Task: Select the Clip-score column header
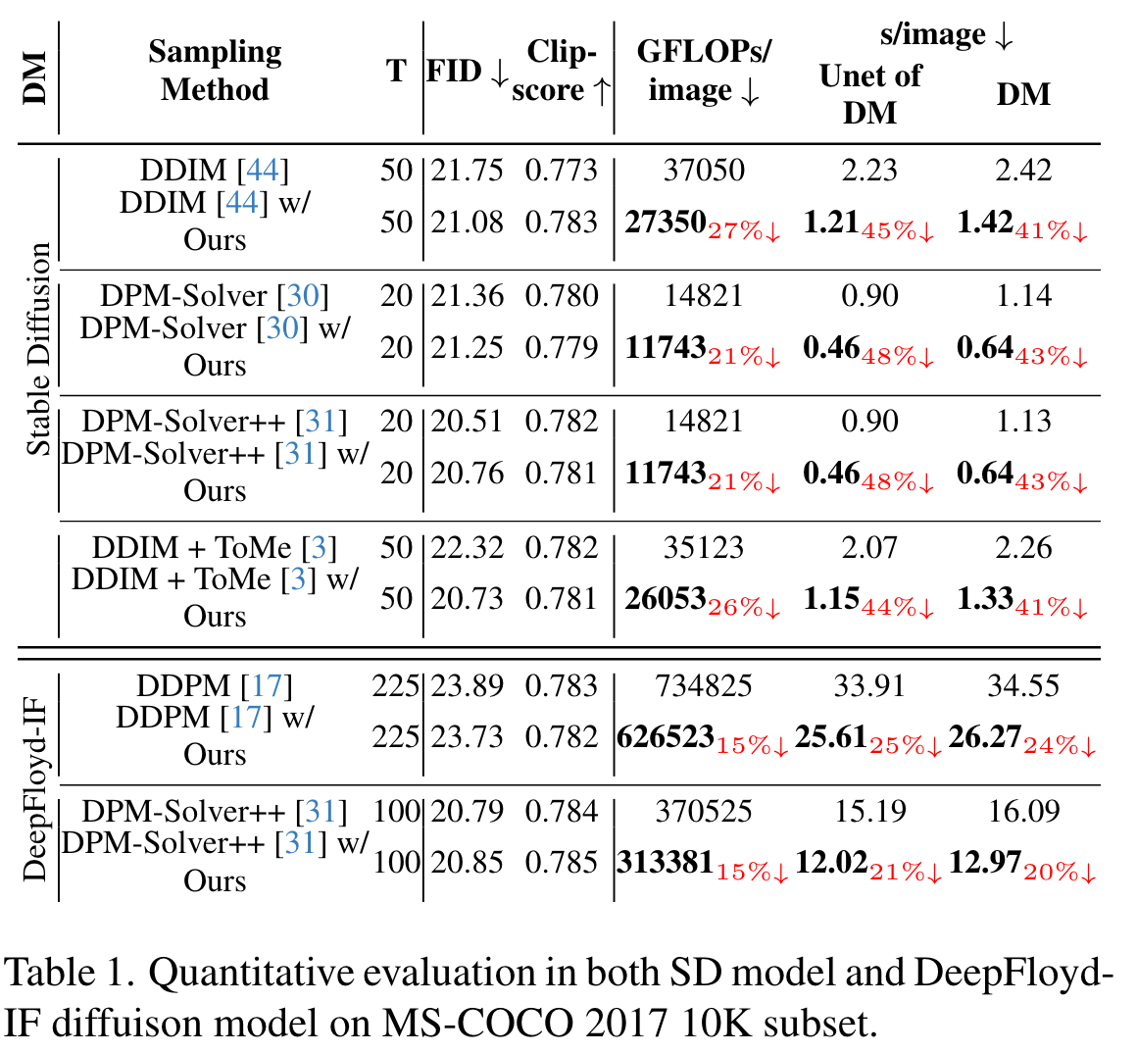(561, 71)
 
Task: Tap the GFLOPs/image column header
(703, 71)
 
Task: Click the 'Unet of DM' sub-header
(869, 94)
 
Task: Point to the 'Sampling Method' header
(215, 71)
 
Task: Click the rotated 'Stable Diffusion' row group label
(38, 350)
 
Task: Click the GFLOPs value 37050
(703, 171)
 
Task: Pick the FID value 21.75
(467, 171)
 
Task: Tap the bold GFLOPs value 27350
(666, 223)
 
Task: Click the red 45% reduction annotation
(897, 230)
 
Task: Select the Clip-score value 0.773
(561, 171)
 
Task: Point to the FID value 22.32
(467, 547)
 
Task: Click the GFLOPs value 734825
(703, 685)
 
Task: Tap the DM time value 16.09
(1023, 812)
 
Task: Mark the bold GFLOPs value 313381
(665, 863)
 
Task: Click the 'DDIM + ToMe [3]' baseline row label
(215, 547)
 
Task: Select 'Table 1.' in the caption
(68, 973)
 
